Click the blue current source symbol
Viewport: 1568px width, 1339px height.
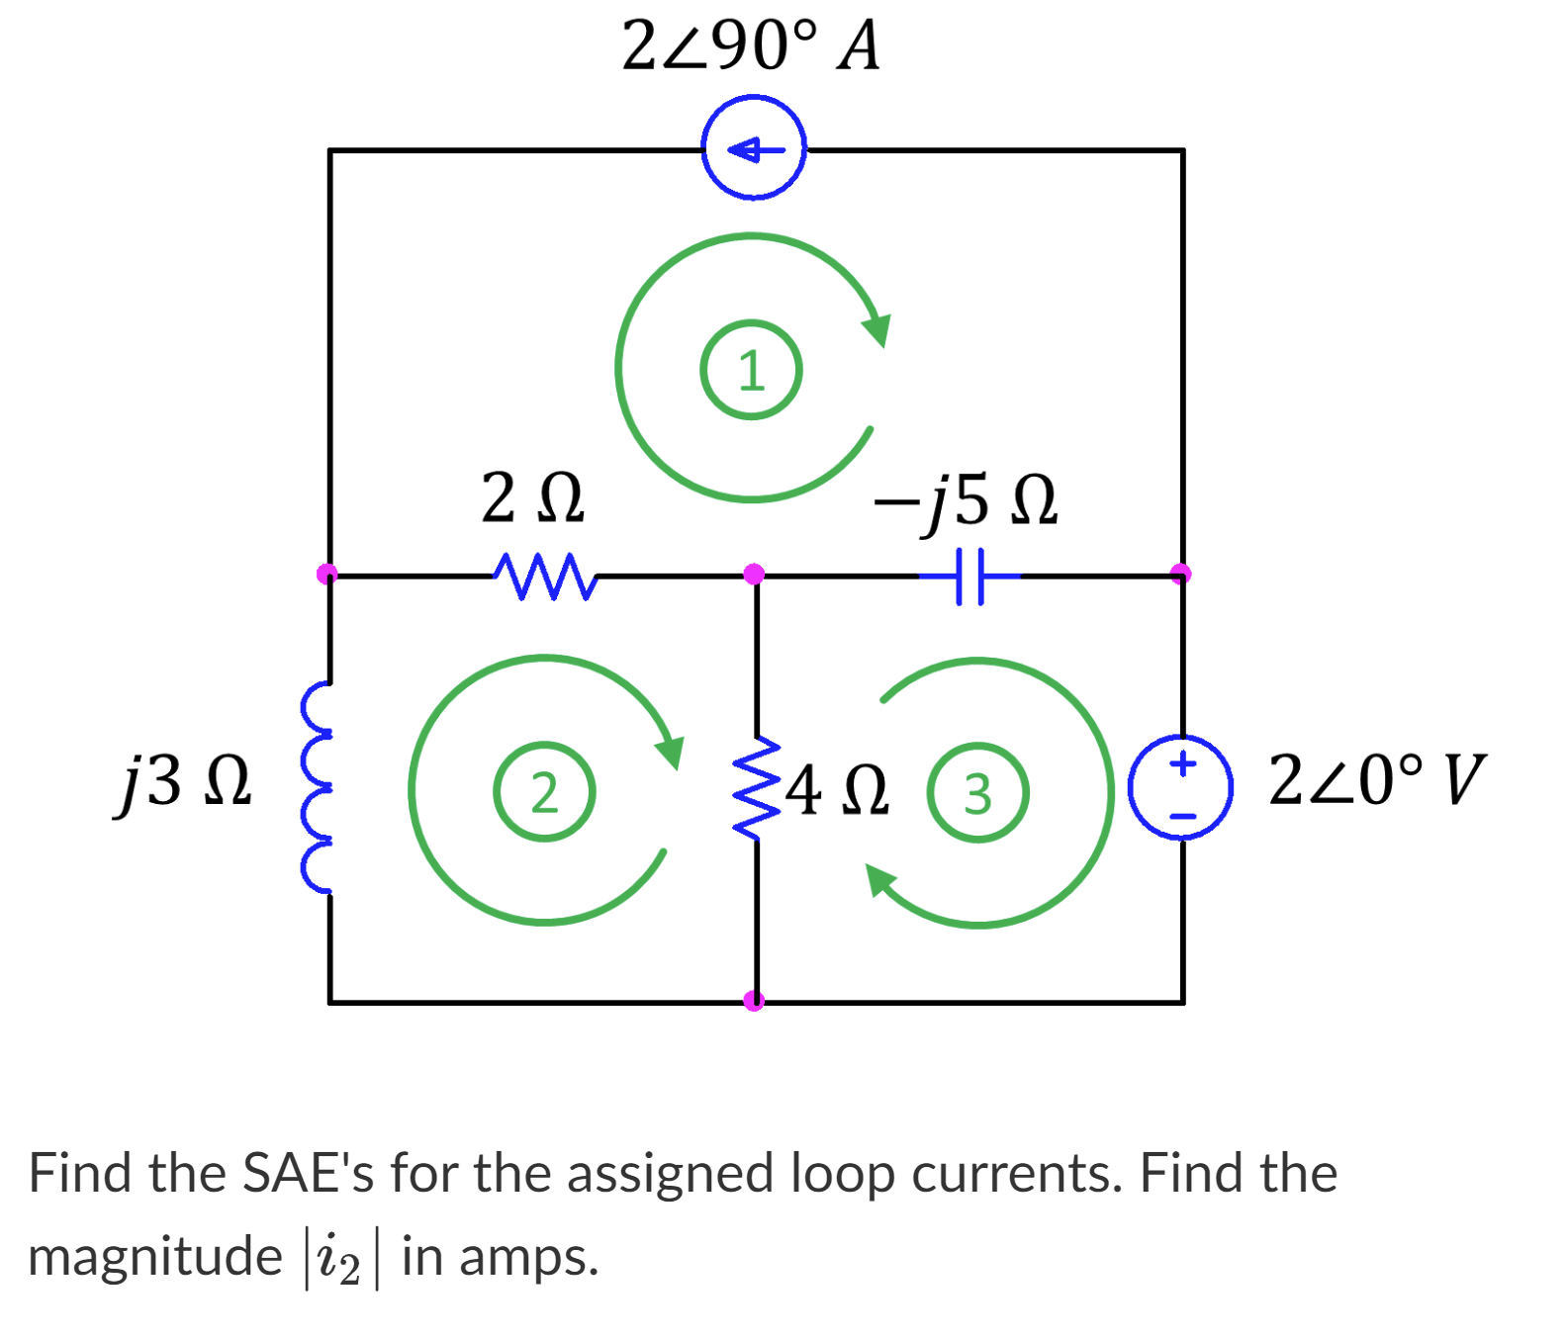[754, 148]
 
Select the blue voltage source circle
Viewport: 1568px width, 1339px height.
[1181, 788]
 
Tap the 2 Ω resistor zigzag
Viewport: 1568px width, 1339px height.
[544, 576]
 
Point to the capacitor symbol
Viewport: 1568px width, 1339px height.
[969, 576]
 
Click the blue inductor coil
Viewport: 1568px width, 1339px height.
[319, 788]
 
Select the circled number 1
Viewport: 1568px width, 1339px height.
[752, 370]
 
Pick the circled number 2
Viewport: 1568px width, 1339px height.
[544, 792]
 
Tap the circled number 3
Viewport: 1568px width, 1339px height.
[977, 793]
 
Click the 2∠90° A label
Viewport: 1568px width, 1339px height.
[750, 45]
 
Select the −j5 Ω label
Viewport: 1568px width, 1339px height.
[965, 500]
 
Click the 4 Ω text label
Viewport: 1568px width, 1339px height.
[837, 790]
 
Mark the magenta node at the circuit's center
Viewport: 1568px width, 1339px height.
[754, 574]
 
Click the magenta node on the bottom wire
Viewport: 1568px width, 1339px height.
[754, 1001]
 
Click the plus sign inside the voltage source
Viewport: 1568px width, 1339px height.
[1182, 763]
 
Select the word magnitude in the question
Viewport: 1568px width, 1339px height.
[155, 1258]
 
